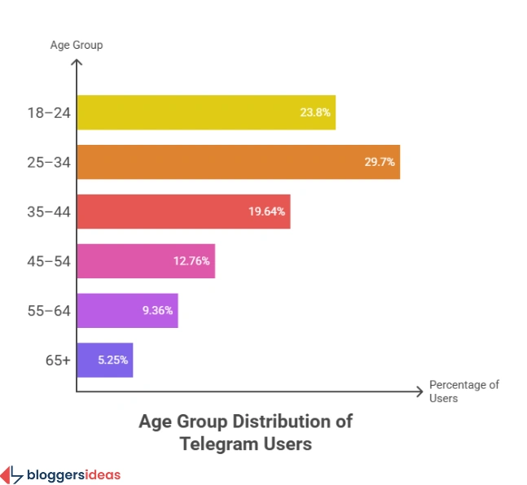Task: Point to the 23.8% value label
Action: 315,112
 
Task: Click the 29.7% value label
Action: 380,162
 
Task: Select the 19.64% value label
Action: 267,212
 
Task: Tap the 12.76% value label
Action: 191,261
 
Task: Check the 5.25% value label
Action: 112,360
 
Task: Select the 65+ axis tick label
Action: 57,360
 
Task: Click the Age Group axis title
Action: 76,45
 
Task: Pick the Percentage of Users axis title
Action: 463,391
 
